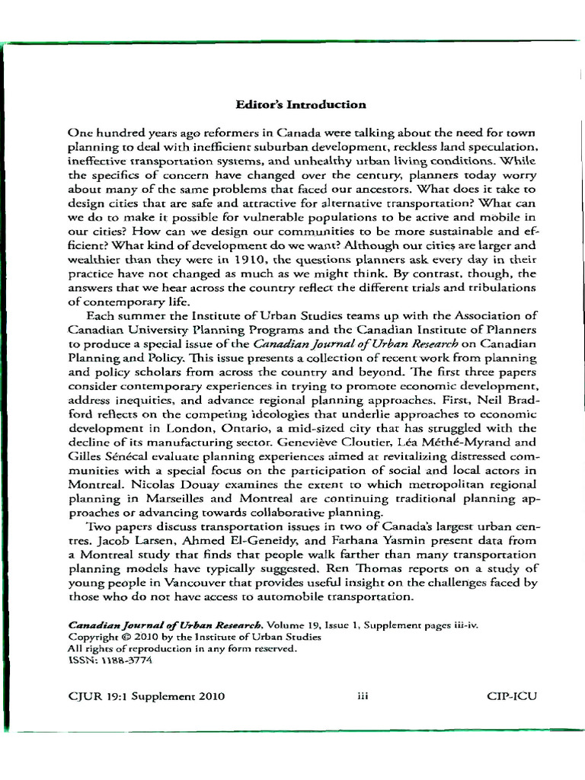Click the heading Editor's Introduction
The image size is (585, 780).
tap(300, 105)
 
